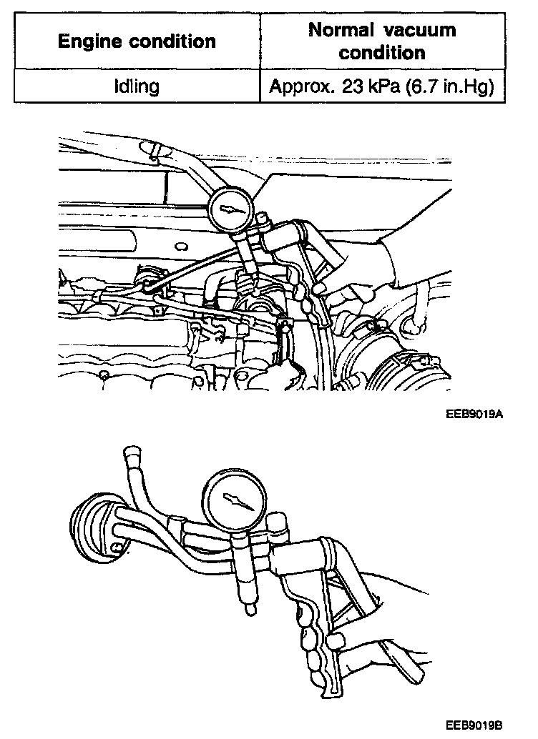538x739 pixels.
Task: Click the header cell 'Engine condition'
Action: click(137, 41)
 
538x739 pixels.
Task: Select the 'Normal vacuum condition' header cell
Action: click(382, 41)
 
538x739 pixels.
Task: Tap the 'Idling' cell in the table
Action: click(137, 87)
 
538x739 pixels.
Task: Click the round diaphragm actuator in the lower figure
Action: click(97, 527)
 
